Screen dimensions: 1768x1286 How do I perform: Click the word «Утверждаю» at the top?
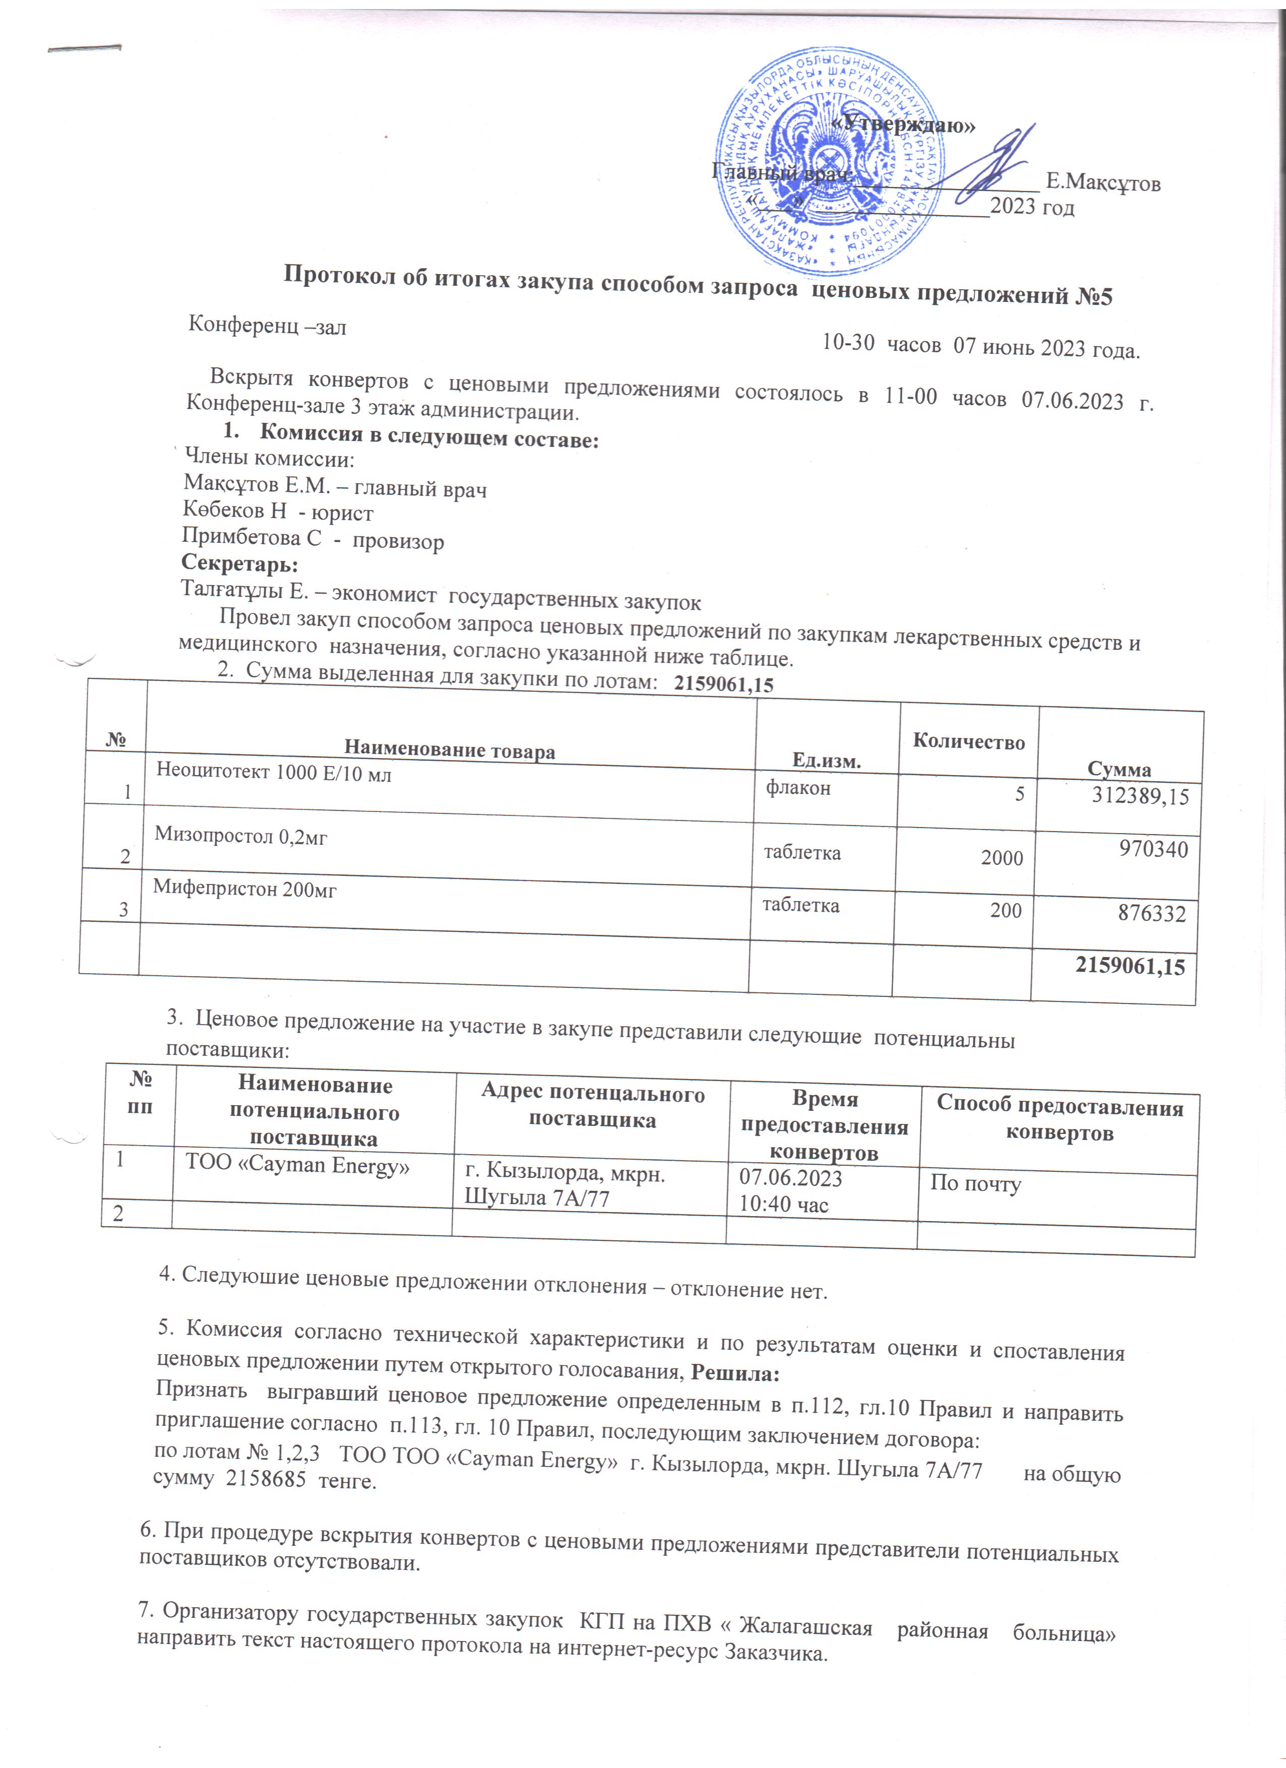click(x=903, y=123)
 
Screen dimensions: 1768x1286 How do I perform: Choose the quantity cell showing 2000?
click(x=1002, y=857)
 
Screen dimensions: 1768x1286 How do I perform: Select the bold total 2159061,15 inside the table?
click(x=1129, y=967)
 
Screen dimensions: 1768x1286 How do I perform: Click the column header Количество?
click(x=969, y=741)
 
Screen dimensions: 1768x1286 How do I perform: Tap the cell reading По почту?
click(x=975, y=1183)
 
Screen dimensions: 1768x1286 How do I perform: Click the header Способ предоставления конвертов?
click(x=1059, y=1119)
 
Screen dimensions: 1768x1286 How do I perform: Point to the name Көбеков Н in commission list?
click(x=234, y=510)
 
